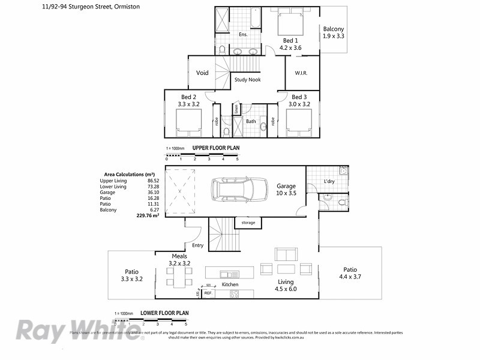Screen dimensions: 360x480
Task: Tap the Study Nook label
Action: click(247, 79)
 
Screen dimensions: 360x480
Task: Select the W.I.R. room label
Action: click(301, 73)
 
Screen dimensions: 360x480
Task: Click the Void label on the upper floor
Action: click(202, 73)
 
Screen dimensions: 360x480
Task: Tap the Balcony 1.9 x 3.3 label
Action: click(334, 32)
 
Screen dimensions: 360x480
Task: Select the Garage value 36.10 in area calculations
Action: click(152, 193)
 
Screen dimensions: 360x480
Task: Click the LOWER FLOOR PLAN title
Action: click(164, 313)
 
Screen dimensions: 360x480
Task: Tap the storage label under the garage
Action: click(248, 223)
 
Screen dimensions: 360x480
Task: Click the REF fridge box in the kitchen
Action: click(208, 293)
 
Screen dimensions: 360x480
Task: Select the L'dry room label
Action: click(329, 181)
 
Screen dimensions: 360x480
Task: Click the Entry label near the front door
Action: click(197, 245)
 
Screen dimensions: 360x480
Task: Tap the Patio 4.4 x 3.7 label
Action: click(350, 273)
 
